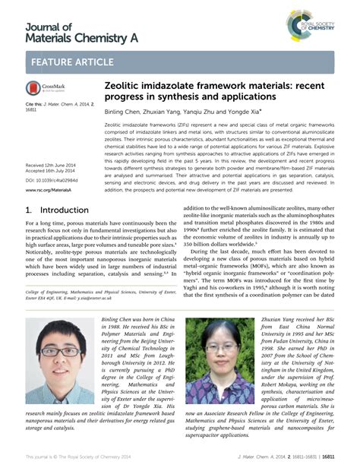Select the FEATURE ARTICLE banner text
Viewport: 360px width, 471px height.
point(78,62)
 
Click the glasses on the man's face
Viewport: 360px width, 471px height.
point(58,352)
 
